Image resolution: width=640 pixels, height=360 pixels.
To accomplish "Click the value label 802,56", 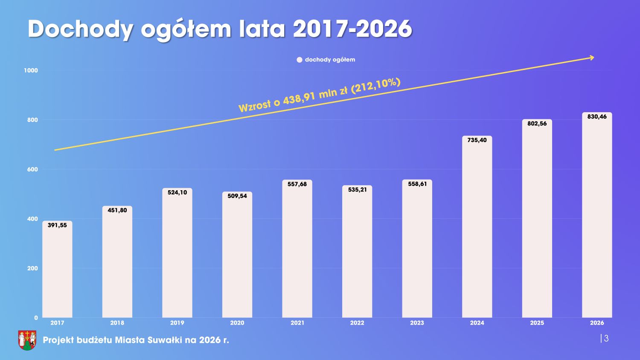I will click(537, 124).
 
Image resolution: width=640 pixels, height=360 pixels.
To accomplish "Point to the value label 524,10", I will click(177, 192).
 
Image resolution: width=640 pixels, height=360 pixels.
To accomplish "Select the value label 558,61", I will click(417, 184).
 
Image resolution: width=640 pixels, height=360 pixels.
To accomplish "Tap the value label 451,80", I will click(117, 210).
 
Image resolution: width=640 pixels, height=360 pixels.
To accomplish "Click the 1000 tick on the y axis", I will click(31, 70).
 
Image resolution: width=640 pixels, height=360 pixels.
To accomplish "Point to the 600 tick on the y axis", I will click(32, 169).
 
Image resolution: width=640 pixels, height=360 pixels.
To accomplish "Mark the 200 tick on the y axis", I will click(32, 268).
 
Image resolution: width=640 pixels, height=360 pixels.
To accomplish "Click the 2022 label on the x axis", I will click(357, 323).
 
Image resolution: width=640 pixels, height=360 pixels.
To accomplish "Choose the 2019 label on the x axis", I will click(177, 323).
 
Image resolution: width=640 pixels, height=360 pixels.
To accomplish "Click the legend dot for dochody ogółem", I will click(300, 60).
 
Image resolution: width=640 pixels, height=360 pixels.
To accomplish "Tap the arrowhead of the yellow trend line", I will click(592, 58).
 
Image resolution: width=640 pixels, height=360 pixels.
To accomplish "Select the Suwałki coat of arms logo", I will click(27, 340).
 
